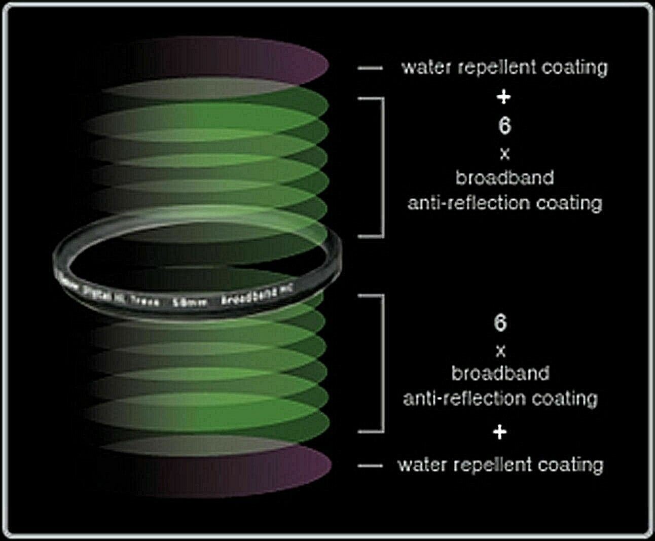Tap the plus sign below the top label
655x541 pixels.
coord(503,96)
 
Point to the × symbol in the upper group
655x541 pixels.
coord(504,154)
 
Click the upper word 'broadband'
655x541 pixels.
coord(504,178)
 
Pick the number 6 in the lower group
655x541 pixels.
coord(500,322)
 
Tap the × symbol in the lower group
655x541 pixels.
coord(500,350)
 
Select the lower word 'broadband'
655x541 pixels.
coord(500,374)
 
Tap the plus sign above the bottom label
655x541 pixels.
coord(500,432)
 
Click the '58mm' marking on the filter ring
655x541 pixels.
coord(190,303)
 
